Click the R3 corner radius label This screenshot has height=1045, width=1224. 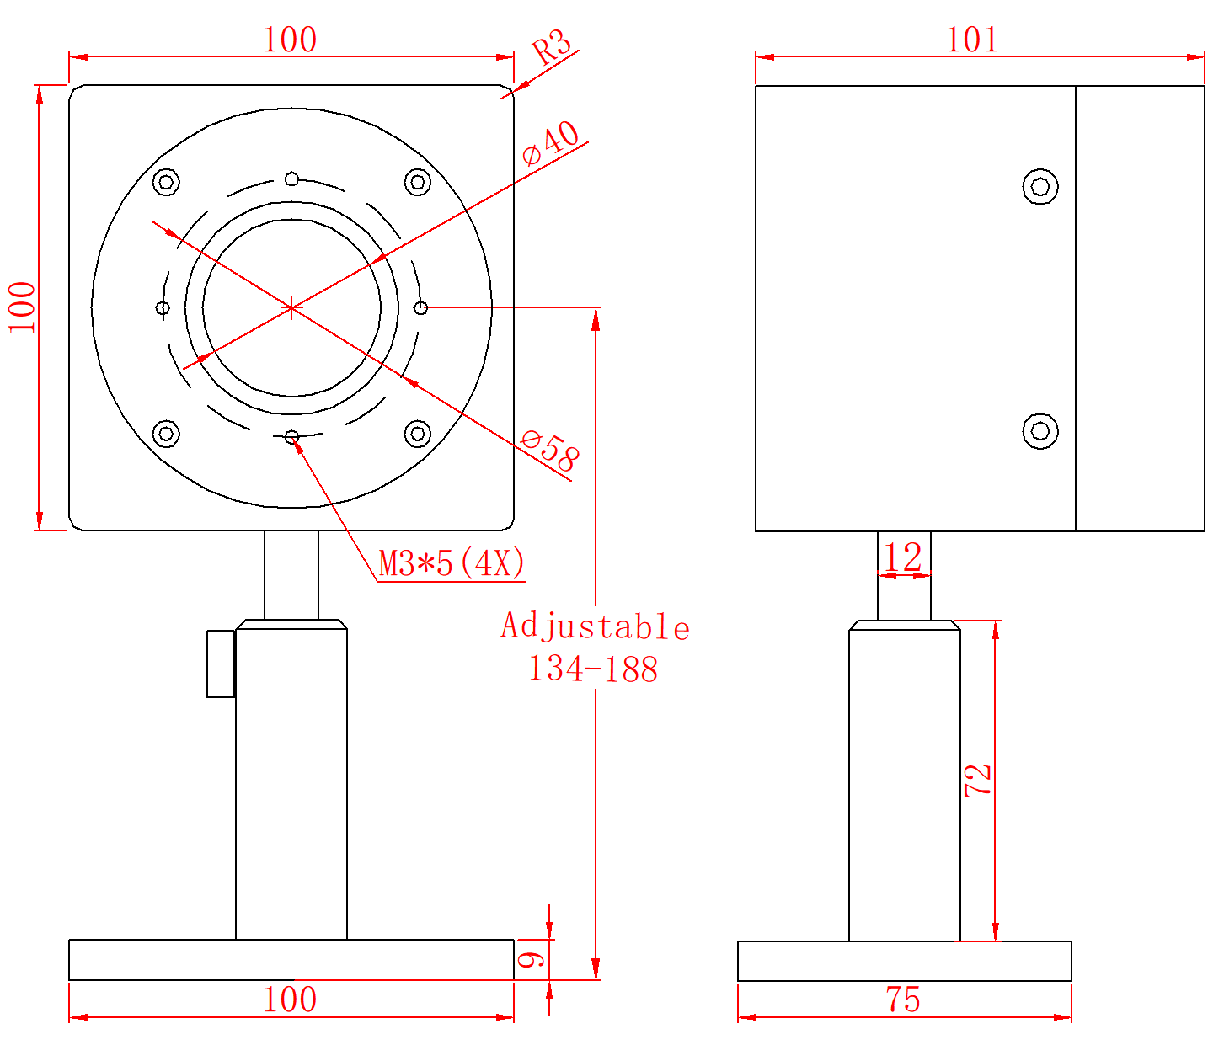pyautogui.click(x=553, y=47)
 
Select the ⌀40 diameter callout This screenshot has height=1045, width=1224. pyautogui.click(x=552, y=143)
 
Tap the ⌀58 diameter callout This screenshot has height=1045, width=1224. pyautogui.click(x=550, y=451)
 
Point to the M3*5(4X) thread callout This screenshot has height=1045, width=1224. pyautogui.click(x=452, y=563)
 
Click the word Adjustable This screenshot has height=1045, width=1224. pyautogui.click(x=595, y=627)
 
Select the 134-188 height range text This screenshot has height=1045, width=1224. pyautogui.click(x=593, y=669)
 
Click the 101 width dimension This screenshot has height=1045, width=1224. pyautogui.click(x=972, y=40)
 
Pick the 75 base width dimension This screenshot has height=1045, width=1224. pyautogui.click(x=903, y=1000)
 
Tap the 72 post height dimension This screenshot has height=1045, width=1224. pyautogui.click(x=978, y=781)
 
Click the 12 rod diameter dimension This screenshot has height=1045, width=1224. pyautogui.click(x=903, y=557)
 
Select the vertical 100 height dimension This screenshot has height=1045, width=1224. pyautogui.click(x=23, y=307)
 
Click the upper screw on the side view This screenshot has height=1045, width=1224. pyautogui.click(x=1040, y=186)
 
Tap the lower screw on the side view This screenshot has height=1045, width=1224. pyautogui.click(x=1040, y=431)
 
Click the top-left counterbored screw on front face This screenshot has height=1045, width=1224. pyautogui.click(x=166, y=182)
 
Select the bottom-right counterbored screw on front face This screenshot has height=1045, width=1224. pyautogui.click(x=417, y=434)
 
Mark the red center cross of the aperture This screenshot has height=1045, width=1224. pyautogui.click(x=291, y=307)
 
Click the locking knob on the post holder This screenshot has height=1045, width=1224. pyautogui.click(x=221, y=663)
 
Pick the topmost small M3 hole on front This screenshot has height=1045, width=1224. pyautogui.click(x=291, y=179)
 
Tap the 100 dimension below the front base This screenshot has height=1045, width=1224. pyautogui.click(x=290, y=1000)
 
